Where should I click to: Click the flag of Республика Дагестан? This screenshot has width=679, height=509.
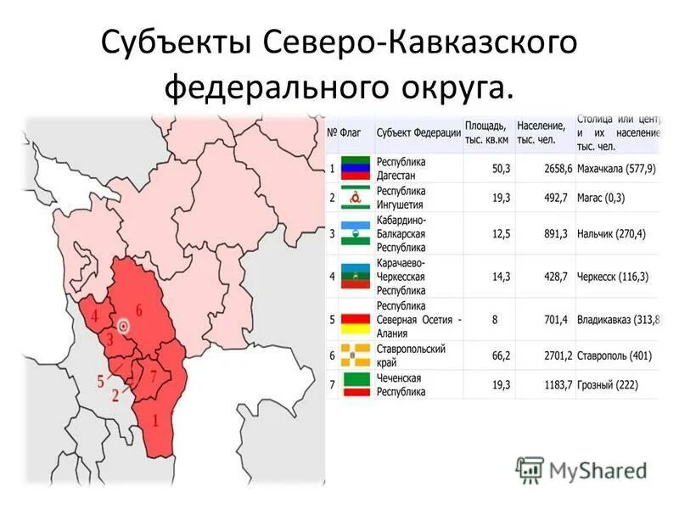coord(356,168)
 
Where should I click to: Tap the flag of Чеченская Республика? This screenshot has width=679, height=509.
coord(356,385)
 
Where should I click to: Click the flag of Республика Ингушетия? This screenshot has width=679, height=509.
coord(356,198)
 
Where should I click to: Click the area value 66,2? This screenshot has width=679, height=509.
coord(501,355)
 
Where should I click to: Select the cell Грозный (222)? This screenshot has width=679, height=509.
coord(606,385)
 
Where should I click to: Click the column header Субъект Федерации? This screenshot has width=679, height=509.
coord(418,132)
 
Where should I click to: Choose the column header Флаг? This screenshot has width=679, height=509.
coord(351,132)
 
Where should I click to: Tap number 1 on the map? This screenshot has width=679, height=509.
coord(154,418)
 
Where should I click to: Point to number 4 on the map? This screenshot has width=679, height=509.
coord(95,316)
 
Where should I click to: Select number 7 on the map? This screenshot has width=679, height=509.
coord(153,375)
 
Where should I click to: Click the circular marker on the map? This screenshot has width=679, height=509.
coord(124,325)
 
